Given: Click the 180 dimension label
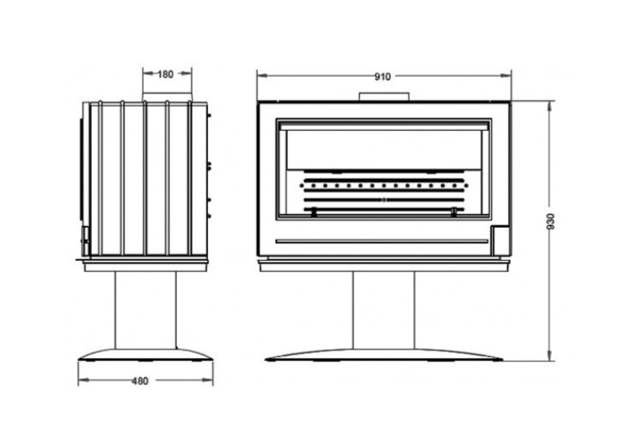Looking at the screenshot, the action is tap(165, 74).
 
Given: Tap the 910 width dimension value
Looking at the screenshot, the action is tap(382, 77).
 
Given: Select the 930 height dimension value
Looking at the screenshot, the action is tap(551, 221).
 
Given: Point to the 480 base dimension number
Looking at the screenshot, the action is tap(140, 381).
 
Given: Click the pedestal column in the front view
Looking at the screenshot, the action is tap(384, 310).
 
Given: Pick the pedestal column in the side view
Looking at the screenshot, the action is tap(146, 310).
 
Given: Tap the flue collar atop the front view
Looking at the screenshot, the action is tap(384, 97).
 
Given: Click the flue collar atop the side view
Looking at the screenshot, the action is tap(167, 98).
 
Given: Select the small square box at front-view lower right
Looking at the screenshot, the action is tap(499, 240).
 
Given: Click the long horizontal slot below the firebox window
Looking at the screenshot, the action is tap(381, 241).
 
